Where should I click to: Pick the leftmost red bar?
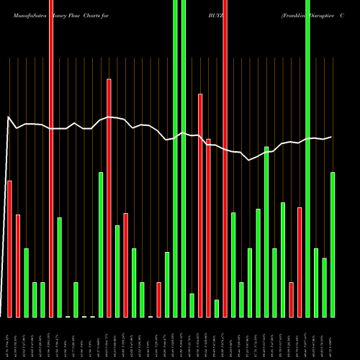[x=9, y=248]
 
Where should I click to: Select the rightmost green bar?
[x=333, y=245]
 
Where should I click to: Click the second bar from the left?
[x=18, y=266]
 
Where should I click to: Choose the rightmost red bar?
[x=300, y=262]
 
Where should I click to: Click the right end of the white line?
[x=331, y=137]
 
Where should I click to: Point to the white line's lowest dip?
[x=249, y=160]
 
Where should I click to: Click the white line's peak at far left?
[x=8, y=117]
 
